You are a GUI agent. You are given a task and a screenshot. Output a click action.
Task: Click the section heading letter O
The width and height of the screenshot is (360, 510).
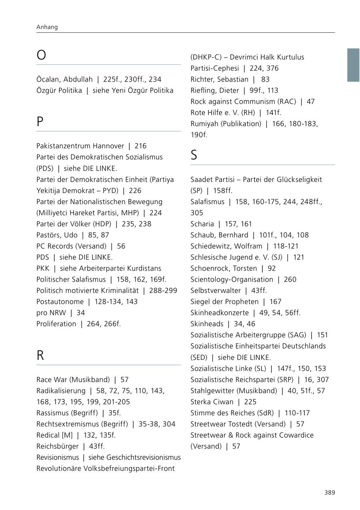point(41,55)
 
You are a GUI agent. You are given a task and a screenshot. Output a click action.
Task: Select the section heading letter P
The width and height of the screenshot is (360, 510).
point(40,122)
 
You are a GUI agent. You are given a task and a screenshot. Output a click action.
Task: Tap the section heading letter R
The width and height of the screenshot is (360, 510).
point(40,355)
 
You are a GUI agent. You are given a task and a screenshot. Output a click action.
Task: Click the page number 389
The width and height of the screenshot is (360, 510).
point(330,492)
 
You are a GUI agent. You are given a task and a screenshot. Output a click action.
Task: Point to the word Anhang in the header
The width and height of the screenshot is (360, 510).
point(47,27)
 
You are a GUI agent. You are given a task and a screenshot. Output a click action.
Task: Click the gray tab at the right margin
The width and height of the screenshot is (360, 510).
point(353,65)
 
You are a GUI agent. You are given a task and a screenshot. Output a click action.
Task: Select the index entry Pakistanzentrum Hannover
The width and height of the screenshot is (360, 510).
point(80,146)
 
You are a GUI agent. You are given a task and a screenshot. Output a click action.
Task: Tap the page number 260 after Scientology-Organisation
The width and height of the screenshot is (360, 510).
point(290,279)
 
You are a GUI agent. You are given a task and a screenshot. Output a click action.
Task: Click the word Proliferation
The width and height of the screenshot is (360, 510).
point(56,324)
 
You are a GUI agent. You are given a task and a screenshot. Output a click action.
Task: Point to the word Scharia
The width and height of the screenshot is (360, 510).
point(202,224)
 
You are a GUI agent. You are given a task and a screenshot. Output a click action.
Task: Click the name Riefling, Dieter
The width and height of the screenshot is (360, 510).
point(214,90)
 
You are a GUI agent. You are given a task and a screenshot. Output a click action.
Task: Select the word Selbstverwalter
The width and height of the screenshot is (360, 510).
point(216,291)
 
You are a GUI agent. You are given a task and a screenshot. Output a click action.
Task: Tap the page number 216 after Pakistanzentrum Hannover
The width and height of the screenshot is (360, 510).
point(140,146)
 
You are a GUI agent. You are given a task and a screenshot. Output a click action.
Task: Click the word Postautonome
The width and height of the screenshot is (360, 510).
point(60,301)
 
